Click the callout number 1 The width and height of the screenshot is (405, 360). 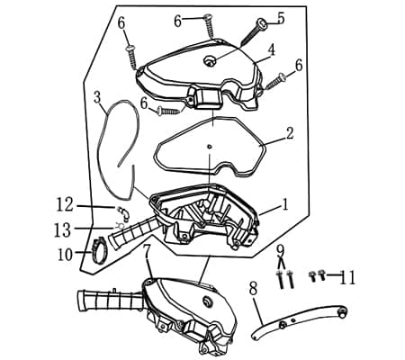284,205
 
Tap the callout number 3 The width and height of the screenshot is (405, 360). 97,97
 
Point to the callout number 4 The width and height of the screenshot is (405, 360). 271,49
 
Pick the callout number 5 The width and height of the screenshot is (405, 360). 280,18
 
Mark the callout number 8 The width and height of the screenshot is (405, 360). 253,288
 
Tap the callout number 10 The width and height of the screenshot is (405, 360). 66,255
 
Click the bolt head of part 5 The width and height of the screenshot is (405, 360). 261,22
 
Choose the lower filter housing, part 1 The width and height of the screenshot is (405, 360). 211,220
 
